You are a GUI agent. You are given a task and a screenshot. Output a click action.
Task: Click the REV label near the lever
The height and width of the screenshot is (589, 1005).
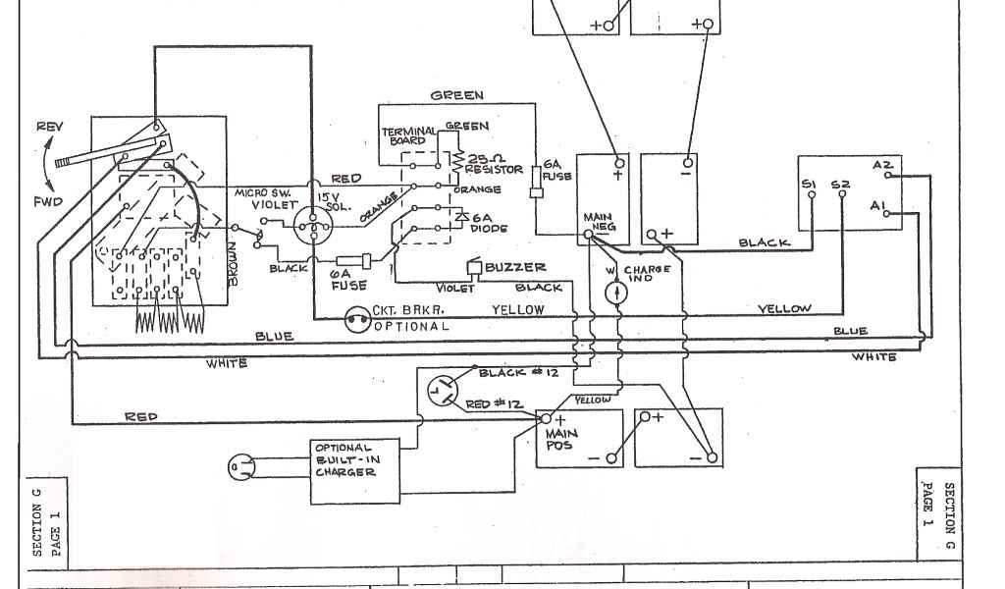coord(48,128)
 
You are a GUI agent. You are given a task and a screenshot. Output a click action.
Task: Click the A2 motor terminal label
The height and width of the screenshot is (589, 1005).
coord(880,165)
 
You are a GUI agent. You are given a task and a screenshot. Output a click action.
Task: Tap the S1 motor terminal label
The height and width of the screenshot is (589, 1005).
coord(809,184)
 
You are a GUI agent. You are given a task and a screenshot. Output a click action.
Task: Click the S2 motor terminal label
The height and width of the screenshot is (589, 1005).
coord(840,184)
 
